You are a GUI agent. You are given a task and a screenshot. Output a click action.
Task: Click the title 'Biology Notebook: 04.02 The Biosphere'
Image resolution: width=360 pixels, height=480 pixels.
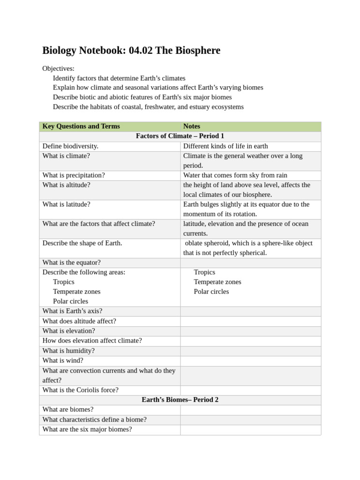point(131,51)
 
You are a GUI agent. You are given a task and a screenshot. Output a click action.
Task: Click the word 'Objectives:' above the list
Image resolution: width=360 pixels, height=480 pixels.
point(58,68)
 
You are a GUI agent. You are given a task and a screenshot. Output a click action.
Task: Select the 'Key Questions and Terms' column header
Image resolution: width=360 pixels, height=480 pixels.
point(81,126)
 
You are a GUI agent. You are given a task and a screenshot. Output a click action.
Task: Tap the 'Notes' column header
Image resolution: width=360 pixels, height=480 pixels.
point(192,126)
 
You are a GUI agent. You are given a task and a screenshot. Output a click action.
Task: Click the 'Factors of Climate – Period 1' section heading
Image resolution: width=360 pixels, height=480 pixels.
point(180,136)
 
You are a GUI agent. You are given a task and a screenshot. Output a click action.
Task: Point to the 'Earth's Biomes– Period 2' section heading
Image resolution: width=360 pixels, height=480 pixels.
point(180,400)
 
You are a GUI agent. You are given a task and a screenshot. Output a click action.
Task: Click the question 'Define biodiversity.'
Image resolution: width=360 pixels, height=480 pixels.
point(70,146)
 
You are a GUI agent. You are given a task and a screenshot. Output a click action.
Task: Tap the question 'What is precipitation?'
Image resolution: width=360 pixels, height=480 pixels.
point(74,175)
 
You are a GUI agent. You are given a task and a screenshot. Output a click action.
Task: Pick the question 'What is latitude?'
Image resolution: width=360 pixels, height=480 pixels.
point(66,204)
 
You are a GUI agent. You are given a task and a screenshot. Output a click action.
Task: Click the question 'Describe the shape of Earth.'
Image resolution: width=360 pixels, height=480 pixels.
point(82,243)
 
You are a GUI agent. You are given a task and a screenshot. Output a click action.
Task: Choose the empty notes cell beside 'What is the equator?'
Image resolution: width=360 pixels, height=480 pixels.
point(250,262)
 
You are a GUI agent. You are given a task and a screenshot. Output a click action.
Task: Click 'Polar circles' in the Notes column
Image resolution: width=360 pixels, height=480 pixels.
point(211,292)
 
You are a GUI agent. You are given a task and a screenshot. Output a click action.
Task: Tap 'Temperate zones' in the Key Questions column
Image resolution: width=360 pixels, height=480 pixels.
point(76,292)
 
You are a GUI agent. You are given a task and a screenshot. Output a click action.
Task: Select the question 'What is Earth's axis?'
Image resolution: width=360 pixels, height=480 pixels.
point(72,311)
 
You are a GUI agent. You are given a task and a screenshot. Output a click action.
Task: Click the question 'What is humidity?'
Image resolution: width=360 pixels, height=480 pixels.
point(68,351)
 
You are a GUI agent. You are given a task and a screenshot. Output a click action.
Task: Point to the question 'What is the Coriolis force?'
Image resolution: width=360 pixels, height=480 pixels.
point(80,390)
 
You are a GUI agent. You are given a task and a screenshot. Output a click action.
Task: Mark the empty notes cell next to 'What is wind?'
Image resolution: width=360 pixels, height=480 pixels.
point(250,360)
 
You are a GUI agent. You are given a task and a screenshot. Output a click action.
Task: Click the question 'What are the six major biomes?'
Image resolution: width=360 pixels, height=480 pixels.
point(87,429)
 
